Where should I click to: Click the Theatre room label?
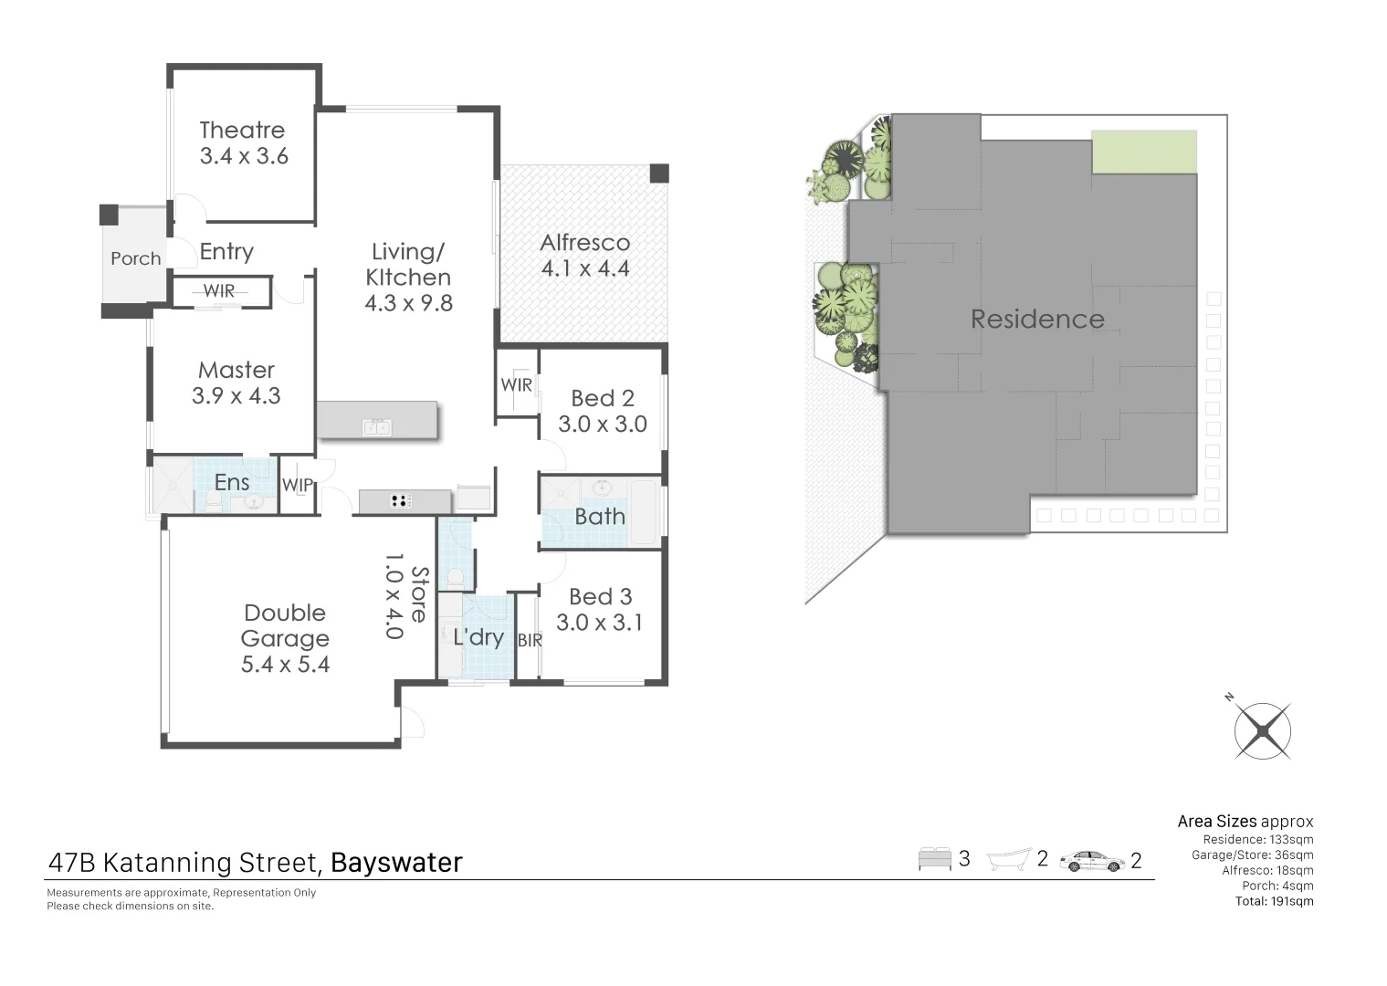pyautogui.click(x=242, y=131)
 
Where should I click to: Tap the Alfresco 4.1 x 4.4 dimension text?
pyautogui.click(x=585, y=268)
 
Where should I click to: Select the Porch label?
pyautogui.click(x=135, y=259)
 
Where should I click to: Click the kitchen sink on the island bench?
pyautogui.click(x=377, y=427)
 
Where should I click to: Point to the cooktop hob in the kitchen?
pyautogui.click(x=401, y=500)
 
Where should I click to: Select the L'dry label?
pyautogui.click(x=478, y=637)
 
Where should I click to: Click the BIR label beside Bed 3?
pyautogui.click(x=530, y=641)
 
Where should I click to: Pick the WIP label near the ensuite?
pyautogui.click(x=298, y=486)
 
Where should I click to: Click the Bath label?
pyautogui.click(x=600, y=517)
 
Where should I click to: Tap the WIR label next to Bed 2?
pyautogui.click(x=516, y=385)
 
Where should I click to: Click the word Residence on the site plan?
pyautogui.click(x=1037, y=320)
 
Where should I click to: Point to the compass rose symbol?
pyautogui.click(x=1263, y=730)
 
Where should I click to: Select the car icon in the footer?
pyautogui.click(x=1093, y=861)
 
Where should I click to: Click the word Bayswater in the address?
pyautogui.click(x=396, y=863)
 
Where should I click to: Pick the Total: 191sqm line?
pyautogui.click(x=1274, y=901)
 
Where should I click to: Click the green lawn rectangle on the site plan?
pyautogui.click(x=1144, y=152)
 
